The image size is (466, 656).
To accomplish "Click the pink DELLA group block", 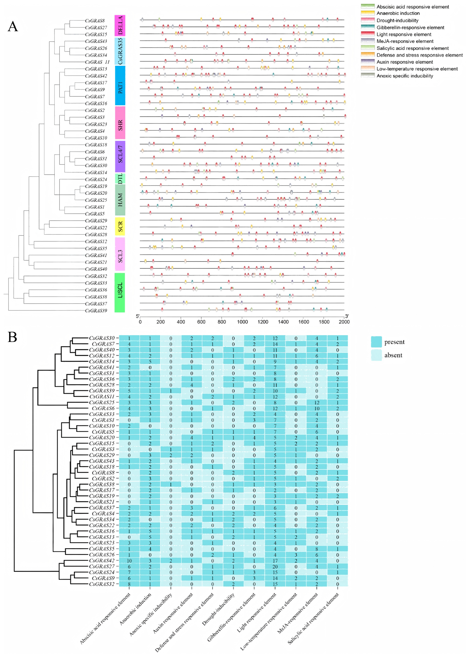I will [120, 26].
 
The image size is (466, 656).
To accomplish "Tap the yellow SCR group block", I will [120, 226].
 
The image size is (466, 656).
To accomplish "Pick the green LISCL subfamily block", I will [120, 292].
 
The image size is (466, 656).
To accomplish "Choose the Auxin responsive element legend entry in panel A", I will [405, 62].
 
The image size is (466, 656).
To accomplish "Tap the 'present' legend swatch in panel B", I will [376, 342].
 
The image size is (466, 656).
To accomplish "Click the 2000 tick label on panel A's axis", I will [344, 322].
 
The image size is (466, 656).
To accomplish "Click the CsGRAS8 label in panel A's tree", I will [95, 21].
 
